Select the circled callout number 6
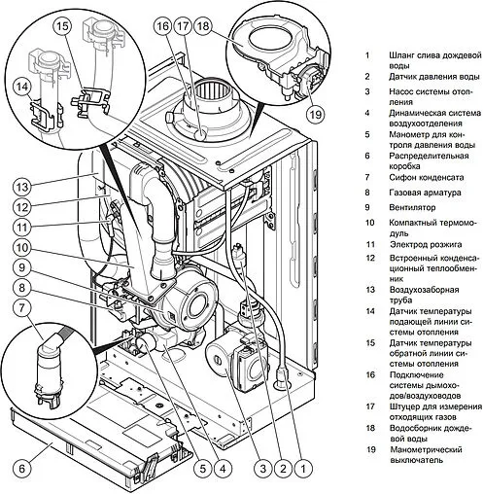pos(22,469)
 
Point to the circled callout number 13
pos(22,187)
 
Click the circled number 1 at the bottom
pos(303,469)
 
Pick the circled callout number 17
pos(183,25)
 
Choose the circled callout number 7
pos(22,307)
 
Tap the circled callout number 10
pos(22,248)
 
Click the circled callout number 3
pos(262,469)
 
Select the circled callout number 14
pos(22,87)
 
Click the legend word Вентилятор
pos(412,207)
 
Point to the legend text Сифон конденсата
pos(426,178)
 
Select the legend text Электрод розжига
pos(426,244)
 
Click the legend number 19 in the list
pos(371,449)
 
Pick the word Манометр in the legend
pos(409,134)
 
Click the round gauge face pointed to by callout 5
pos(144,344)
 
